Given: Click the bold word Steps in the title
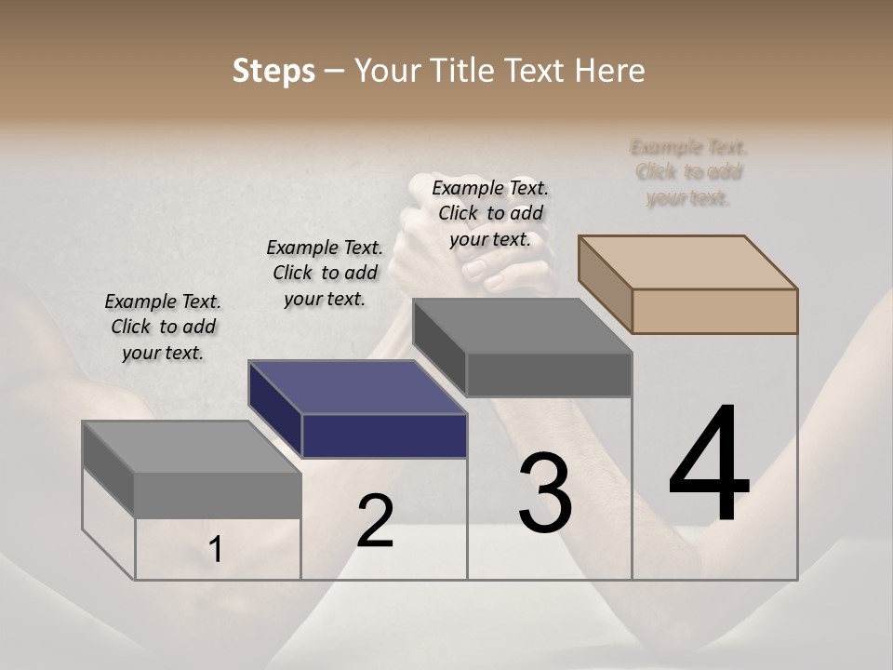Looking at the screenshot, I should click(273, 71).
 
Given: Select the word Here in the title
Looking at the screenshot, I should click(612, 71).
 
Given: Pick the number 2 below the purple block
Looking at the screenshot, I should click(375, 521).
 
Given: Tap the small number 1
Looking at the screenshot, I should click(216, 550).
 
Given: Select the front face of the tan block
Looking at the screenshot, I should click(714, 311).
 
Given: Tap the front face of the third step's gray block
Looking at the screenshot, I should click(549, 374).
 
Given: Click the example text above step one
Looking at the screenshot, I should click(163, 327).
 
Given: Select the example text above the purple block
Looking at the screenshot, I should click(325, 273).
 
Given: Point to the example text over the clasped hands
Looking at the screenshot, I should click(490, 213).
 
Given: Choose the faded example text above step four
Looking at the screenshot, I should click(688, 172).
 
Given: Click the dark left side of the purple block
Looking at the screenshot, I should click(275, 409).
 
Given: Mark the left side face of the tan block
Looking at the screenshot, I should click(605, 284).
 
